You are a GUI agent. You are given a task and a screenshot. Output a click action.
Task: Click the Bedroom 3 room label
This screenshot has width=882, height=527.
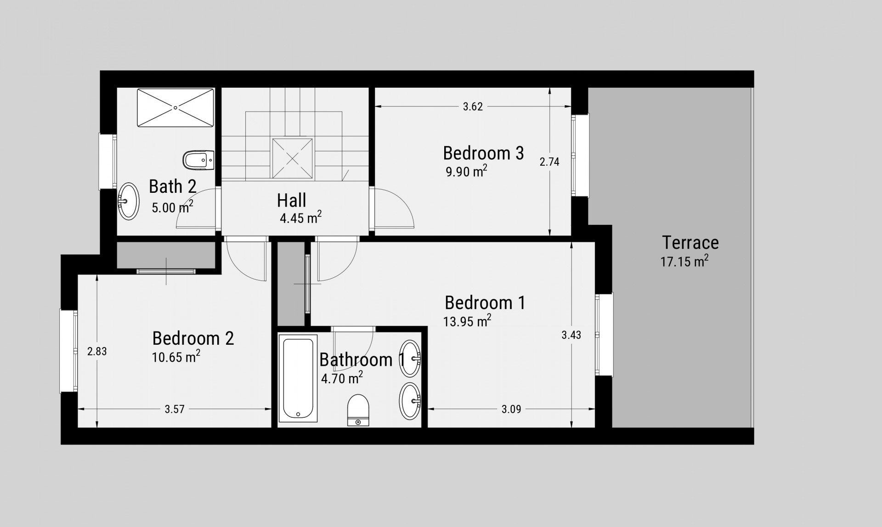[483, 153]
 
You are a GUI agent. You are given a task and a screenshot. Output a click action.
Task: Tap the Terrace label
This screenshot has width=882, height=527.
[690, 242]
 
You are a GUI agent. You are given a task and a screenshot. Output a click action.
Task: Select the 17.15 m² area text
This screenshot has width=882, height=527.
[684, 261]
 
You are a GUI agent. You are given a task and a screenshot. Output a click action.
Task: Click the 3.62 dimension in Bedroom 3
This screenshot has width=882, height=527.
[473, 107]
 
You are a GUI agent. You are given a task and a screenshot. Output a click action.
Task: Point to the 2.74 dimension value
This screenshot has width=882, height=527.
[549, 162]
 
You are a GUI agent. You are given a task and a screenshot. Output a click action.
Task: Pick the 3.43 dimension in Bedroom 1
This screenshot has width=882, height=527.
[571, 335]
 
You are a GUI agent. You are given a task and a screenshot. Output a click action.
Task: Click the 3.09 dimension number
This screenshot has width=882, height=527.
[511, 409]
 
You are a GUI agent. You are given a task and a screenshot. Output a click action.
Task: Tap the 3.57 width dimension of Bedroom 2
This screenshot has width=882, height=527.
[175, 409]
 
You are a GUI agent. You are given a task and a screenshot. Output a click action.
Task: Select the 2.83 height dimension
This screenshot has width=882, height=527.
[97, 351]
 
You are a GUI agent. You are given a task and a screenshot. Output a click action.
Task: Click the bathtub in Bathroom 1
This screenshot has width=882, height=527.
[298, 378]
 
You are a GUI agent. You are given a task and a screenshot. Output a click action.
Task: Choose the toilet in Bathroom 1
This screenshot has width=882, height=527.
[358, 410]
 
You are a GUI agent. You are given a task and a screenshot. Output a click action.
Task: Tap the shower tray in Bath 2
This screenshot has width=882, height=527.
[175, 107]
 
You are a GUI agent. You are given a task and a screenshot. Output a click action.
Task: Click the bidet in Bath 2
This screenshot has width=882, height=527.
[198, 160]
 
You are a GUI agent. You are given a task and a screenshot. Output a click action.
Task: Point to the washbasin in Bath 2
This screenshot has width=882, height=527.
[129, 201]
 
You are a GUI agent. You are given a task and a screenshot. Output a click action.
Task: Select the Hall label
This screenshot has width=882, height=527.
[292, 201]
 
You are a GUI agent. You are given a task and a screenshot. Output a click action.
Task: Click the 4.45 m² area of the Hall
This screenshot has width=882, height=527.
[301, 217]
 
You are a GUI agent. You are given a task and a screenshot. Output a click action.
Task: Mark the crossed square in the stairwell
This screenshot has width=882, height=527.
[293, 158]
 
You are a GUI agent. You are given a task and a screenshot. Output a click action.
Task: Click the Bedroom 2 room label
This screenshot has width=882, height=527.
[193, 338]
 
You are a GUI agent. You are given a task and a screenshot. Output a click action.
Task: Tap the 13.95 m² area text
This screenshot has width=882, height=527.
[467, 320]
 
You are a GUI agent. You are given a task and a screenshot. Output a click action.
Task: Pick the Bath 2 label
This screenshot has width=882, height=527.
[173, 186]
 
